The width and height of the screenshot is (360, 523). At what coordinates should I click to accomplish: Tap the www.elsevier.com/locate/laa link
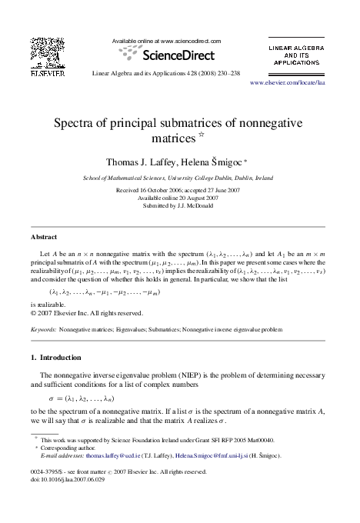(x=288, y=81)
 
